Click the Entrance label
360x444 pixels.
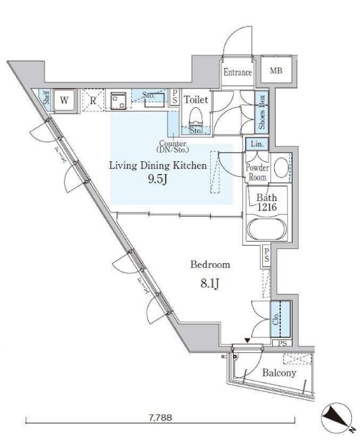[238, 72]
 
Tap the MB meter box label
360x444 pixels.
[276, 70]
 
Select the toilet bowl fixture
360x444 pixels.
[196, 117]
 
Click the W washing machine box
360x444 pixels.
[64, 101]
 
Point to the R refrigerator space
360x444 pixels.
[93, 100]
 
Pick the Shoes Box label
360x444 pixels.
[261, 111]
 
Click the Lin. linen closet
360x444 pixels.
[257, 144]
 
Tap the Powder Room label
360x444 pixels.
[257, 172]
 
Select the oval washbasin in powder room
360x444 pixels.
[282, 168]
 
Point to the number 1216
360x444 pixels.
[267, 207]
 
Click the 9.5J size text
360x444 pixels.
[157, 179]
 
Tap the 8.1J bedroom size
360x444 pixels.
[210, 283]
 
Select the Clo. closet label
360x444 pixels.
[276, 319]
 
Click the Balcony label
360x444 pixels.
[279, 373]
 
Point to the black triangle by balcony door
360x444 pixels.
[248, 341]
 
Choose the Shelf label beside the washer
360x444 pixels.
[47, 97]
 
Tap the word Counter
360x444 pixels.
[173, 143]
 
